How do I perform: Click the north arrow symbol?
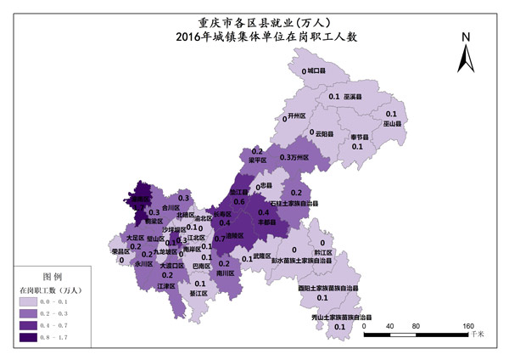466,55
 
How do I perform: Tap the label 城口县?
316,71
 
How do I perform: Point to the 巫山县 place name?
391,123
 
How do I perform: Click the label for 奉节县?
360,137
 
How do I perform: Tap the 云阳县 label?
327,133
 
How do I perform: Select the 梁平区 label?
258,160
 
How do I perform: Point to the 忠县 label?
266,184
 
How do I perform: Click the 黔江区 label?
322,252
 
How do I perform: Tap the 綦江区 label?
199,294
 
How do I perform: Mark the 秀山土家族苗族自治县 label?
343,317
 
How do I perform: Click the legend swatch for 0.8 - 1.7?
32,338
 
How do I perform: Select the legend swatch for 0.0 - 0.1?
32,301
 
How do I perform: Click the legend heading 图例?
53,277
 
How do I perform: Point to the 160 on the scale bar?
467,326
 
